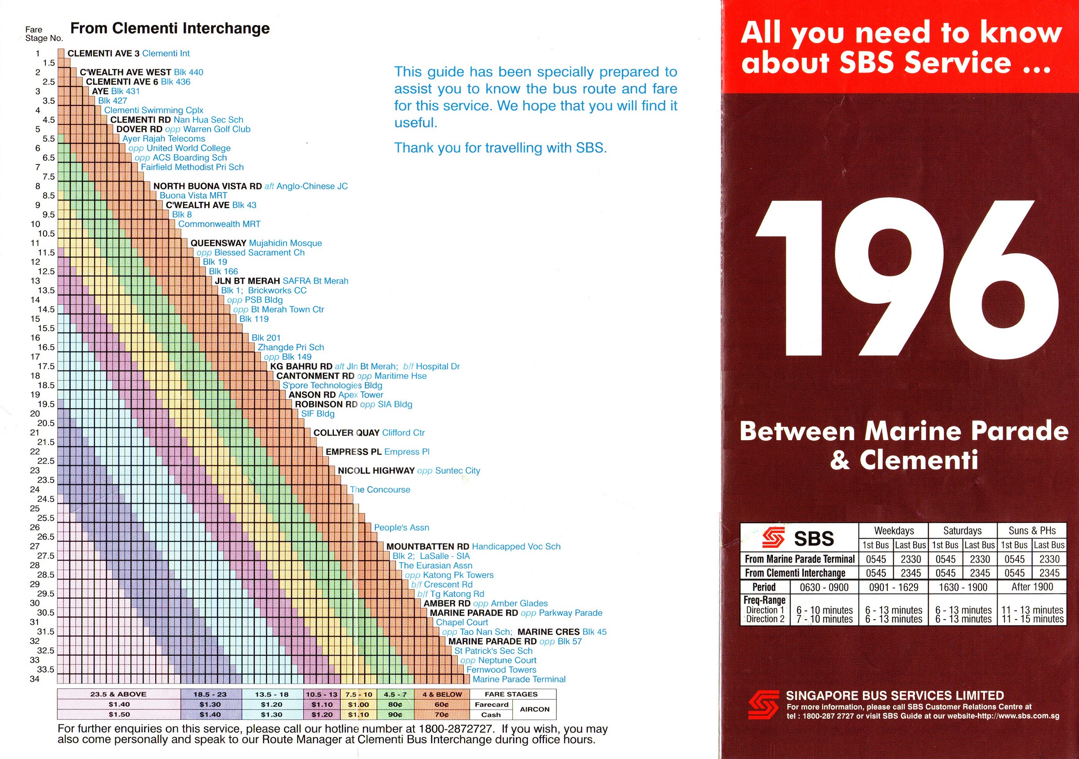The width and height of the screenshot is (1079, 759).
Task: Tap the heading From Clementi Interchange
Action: pos(170,28)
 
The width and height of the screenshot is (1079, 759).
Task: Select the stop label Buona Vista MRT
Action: pos(193,196)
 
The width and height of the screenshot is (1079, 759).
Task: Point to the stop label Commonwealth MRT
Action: pos(219,224)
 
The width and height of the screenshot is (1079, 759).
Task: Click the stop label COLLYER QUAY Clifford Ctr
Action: pos(369,433)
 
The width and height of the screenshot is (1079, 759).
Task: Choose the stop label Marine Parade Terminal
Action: pos(519,679)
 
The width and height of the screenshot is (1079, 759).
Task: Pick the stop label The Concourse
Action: pos(380,489)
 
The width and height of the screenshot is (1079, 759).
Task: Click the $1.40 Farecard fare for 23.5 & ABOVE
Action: pos(119,705)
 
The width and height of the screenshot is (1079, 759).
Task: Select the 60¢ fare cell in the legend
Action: pos(442,705)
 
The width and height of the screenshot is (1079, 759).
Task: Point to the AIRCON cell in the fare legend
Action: pos(534,709)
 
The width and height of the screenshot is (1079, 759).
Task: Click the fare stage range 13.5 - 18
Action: pos(272,694)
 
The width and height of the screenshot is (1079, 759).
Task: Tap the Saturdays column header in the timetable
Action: pos(962,531)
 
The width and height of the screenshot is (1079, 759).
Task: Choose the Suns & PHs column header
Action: pos(1032,531)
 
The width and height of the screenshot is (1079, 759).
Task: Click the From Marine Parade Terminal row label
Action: pos(800,559)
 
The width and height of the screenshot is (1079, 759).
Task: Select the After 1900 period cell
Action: pos(1032,587)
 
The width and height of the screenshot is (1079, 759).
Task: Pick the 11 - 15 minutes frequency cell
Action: pos(1032,619)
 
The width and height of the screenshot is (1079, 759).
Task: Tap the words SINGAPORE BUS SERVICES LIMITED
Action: pos(895,696)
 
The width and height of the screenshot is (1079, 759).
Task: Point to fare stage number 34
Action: pos(35,679)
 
